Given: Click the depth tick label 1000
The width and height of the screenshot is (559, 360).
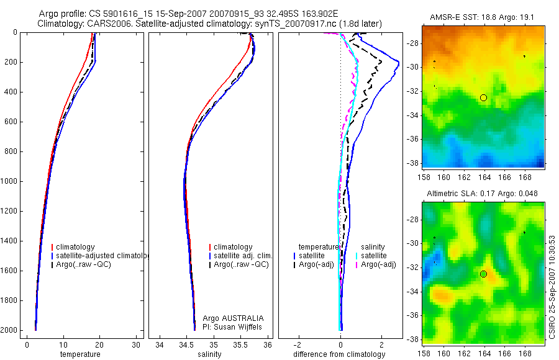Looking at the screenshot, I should pyautogui.click(x=10, y=181).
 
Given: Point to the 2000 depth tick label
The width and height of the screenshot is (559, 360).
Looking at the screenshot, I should pyautogui.click(x=10, y=330).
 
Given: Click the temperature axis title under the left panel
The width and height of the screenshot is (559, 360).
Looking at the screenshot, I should pyautogui.click(x=80, y=354).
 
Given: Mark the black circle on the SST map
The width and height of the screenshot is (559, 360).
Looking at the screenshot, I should pyautogui.click(x=484, y=97).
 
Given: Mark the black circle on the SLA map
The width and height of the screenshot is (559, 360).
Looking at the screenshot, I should pyautogui.click(x=484, y=274).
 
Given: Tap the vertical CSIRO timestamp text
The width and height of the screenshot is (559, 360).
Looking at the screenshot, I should pyautogui.click(x=552, y=286).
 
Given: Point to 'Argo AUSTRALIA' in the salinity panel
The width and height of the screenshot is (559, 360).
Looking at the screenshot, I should pyautogui.click(x=229, y=318).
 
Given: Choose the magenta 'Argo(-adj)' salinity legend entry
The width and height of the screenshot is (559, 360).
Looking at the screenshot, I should pyautogui.click(x=378, y=265).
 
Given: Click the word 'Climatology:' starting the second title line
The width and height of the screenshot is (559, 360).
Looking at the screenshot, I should pyautogui.click(x=59, y=24).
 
